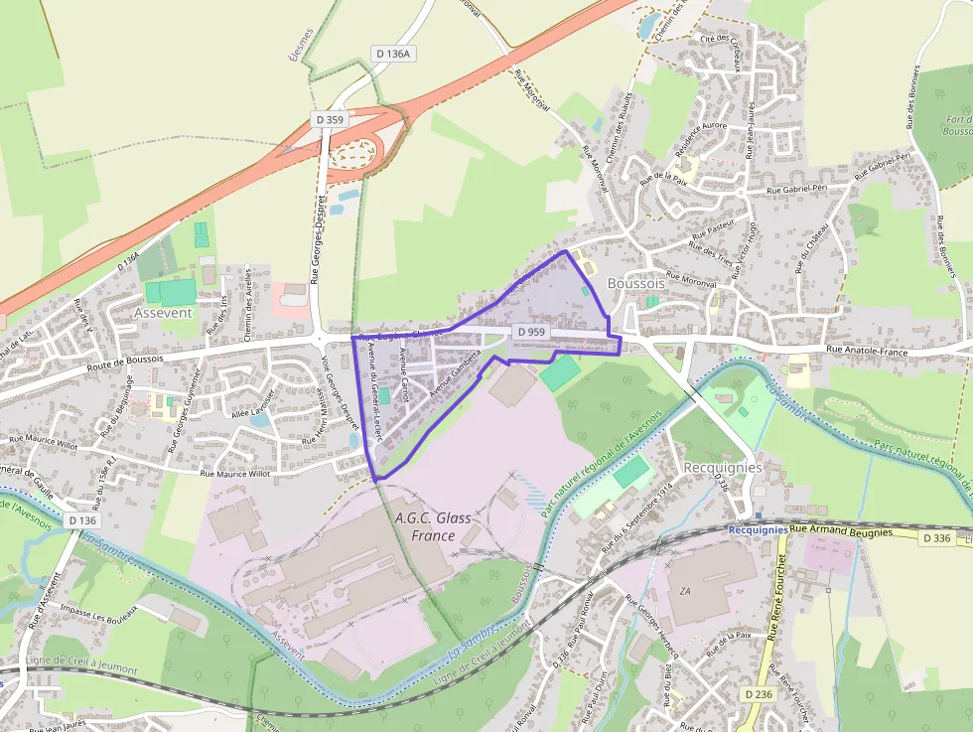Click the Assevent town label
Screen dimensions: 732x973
[x=163, y=312]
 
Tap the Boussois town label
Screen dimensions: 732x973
[x=636, y=282]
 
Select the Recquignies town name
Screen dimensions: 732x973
[x=723, y=467]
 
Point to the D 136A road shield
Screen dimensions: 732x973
[x=393, y=54]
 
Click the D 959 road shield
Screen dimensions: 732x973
[x=531, y=332]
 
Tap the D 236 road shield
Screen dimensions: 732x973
[x=758, y=694]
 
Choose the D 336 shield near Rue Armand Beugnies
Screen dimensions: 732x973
[x=936, y=538]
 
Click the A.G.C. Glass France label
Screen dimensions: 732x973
[x=433, y=526]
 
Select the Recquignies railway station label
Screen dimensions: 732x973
[x=758, y=529]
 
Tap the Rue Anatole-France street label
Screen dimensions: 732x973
[x=869, y=351]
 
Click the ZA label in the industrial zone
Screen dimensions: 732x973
[x=685, y=591]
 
